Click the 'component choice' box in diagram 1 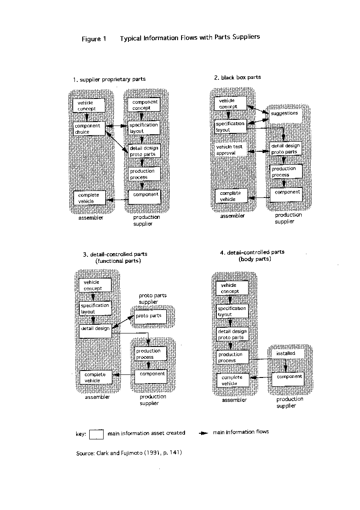(89, 129)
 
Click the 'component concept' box (144, 105)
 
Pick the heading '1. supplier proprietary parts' (109, 79)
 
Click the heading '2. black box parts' (238, 78)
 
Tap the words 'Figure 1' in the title (94, 39)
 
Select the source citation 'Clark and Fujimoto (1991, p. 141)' (139, 453)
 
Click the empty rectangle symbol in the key (97, 434)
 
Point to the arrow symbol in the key (203, 433)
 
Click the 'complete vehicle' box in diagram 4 (233, 380)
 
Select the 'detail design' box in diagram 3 (95, 331)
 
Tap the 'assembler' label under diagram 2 (232, 216)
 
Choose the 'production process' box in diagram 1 (144, 173)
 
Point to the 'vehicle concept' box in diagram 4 (232, 288)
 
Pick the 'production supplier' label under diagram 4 (289, 402)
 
